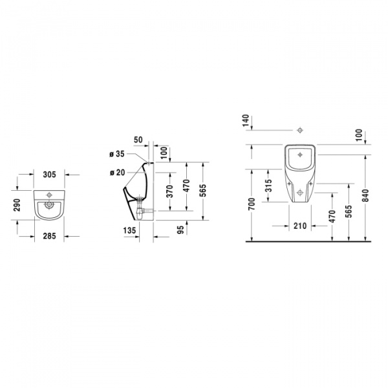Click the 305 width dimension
coord(50,175)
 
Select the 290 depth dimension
coord(18,206)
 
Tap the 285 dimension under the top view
coord(50,236)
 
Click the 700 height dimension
coord(252,205)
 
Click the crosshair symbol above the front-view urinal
coord(299,131)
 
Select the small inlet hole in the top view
coord(50,194)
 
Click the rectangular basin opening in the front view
coord(299,155)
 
